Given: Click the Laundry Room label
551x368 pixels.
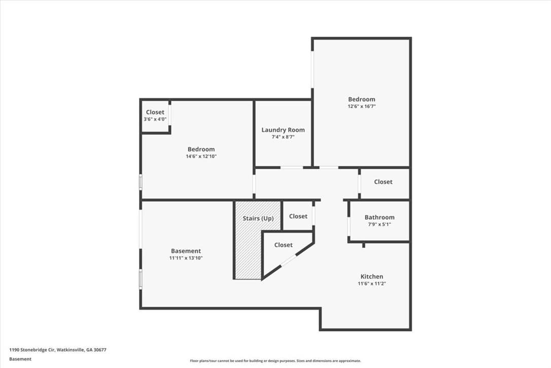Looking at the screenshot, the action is tap(283, 130).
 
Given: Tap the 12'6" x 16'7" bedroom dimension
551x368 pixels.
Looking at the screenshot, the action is tap(362, 106).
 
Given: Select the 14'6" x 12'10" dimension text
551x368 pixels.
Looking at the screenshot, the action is tap(201, 156).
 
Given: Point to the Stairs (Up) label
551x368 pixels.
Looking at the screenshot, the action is tap(258, 219).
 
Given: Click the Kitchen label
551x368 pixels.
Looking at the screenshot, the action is tap(372, 277).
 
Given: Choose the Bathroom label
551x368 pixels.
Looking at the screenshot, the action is tap(380, 217).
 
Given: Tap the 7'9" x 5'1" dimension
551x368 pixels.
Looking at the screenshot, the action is tap(380, 224).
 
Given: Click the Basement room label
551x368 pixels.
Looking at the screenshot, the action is tap(186, 251).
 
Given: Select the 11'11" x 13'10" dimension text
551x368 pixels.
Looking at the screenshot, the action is tap(186, 258).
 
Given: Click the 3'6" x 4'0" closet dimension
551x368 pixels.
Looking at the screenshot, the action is tap(155, 119).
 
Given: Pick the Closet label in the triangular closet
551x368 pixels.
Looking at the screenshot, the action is tap(283, 245).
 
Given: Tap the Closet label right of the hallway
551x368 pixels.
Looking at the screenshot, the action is tap(383, 181).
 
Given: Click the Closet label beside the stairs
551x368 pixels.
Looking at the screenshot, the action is tap(298, 216).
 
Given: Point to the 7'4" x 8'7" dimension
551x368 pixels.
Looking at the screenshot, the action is tap(283, 137).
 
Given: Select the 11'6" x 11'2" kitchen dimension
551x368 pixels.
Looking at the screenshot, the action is tap(372, 284).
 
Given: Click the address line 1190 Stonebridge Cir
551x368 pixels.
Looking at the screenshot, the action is tap(58, 350).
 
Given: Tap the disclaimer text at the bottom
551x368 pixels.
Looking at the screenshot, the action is tap(275, 360).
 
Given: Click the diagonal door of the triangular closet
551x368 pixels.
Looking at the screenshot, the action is tap(289, 261).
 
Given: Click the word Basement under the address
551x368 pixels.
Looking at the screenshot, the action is tap(20, 359).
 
